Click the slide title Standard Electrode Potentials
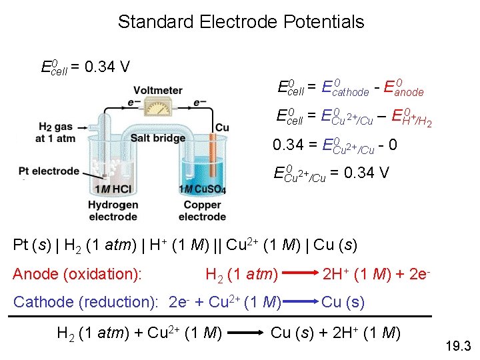click(241, 21)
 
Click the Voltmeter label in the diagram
click(157, 91)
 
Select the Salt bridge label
click(159, 137)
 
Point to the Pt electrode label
click(51, 171)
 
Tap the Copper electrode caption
click(203, 210)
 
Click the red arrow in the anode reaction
click(296, 273)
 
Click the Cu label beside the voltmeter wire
click(222, 127)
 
